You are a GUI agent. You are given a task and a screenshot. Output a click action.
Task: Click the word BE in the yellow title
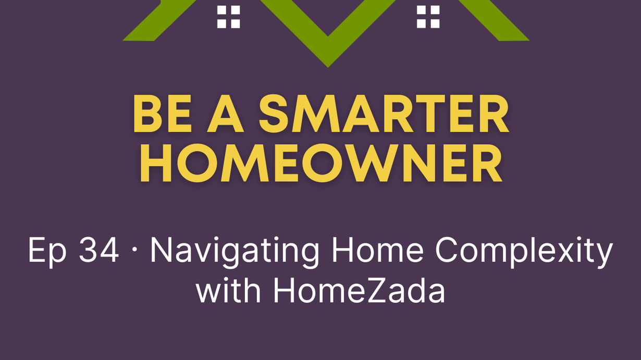[x=162, y=114]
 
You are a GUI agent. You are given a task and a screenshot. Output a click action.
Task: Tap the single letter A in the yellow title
[x=226, y=114]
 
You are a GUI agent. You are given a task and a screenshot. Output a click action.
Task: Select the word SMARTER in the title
[x=384, y=114]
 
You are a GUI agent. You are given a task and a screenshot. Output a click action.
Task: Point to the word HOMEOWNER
[x=321, y=163]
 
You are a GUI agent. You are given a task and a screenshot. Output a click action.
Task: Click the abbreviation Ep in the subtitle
[x=47, y=251]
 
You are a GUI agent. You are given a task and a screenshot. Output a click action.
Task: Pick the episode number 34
[x=98, y=250]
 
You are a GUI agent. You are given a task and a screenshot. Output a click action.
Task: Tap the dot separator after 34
[x=134, y=250]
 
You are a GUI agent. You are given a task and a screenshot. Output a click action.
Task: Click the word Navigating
[x=235, y=251]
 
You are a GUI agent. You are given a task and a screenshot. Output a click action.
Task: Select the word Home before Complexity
[x=377, y=250]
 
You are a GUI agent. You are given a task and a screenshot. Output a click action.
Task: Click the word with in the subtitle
[x=228, y=289]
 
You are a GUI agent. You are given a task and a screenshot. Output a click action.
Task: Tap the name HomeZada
[x=359, y=290]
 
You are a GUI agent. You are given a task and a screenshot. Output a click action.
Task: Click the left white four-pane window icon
[x=228, y=17]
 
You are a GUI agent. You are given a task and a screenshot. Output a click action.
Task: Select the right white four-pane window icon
[x=428, y=17]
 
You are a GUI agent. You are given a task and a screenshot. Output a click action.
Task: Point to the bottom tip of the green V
[x=328, y=67]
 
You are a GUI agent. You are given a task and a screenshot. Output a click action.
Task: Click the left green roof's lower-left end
[x=124, y=40]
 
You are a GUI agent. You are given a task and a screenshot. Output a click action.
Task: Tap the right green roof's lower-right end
[x=529, y=40]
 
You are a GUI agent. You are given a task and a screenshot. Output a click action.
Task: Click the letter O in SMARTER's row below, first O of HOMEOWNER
[x=198, y=163]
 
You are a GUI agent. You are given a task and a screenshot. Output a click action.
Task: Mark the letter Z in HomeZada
[x=378, y=290]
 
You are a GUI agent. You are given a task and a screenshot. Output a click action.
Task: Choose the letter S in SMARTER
[x=274, y=114]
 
